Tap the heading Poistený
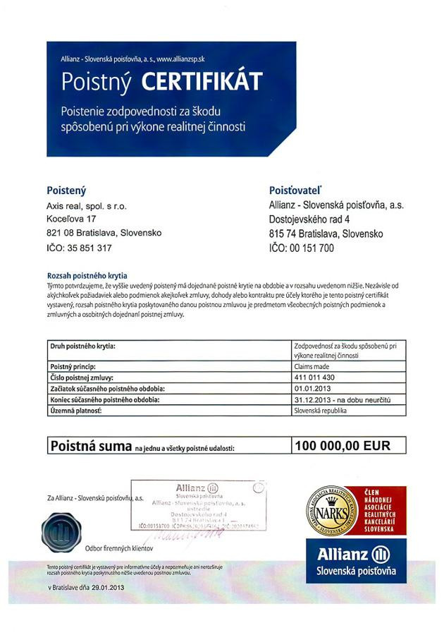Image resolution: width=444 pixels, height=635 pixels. (66, 190)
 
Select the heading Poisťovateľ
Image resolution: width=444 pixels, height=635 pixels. (295, 190)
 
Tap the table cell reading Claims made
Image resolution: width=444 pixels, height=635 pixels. (314, 368)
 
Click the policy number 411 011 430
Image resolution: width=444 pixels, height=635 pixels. (316, 377)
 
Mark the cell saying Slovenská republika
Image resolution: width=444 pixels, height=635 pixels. (321, 409)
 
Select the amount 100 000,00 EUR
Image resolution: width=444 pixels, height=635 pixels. (342, 445)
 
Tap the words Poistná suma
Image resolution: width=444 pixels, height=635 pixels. (90, 446)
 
